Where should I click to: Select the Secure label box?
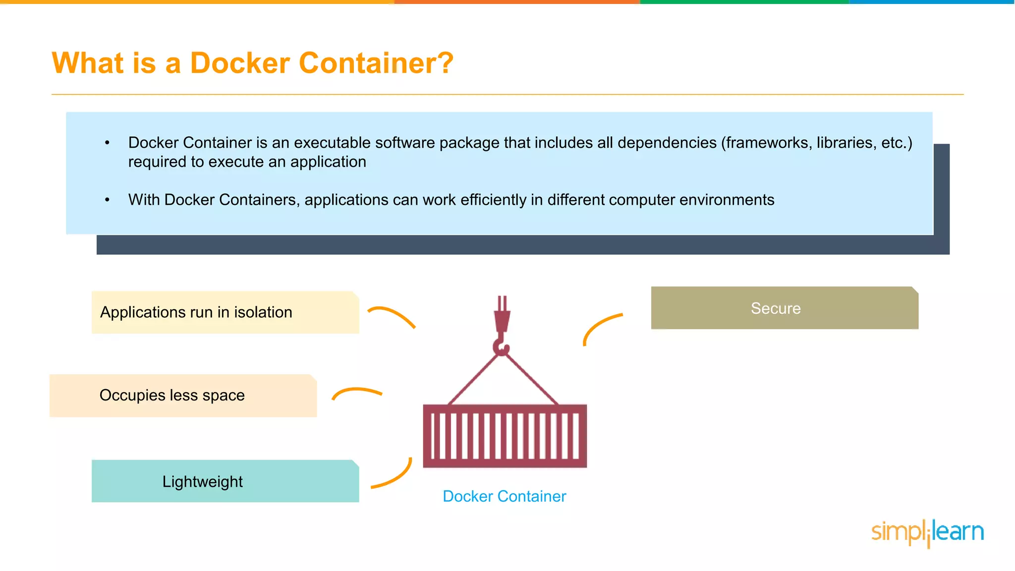(784, 308)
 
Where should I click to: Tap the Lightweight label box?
(225, 481)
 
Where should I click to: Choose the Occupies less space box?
(183, 396)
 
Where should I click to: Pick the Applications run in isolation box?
(225, 312)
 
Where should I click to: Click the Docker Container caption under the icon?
(504, 496)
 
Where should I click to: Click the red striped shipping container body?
(505, 436)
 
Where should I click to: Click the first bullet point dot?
(107, 143)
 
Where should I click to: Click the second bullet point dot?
(107, 200)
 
